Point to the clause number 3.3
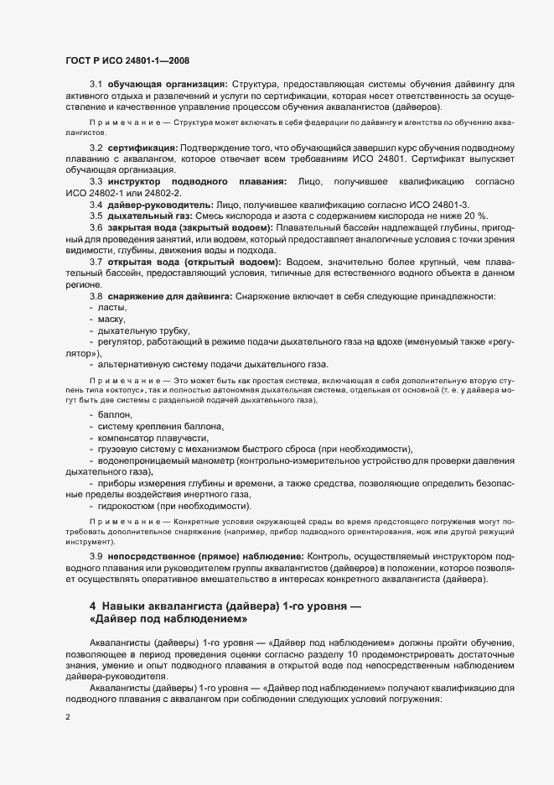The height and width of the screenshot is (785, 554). (x=96, y=181)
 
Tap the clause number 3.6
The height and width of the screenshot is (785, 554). (x=96, y=228)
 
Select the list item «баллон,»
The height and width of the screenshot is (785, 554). (x=114, y=414)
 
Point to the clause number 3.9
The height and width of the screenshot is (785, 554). (x=96, y=556)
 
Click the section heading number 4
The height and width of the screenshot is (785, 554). (x=93, y=606)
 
